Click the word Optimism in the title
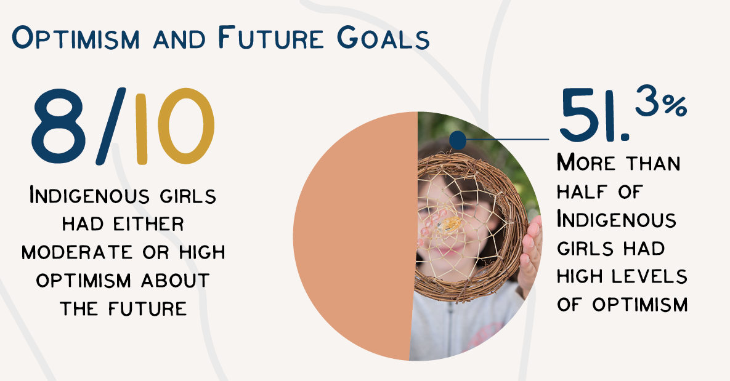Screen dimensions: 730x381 tap(75, 38)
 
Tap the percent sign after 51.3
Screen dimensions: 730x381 tap(675, 106)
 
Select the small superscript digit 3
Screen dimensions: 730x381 tap(648, 100)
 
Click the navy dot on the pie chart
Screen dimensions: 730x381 tap(458, 140)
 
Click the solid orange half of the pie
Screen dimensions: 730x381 tap(355, 236)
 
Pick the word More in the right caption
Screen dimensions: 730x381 tap(586, 163)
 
